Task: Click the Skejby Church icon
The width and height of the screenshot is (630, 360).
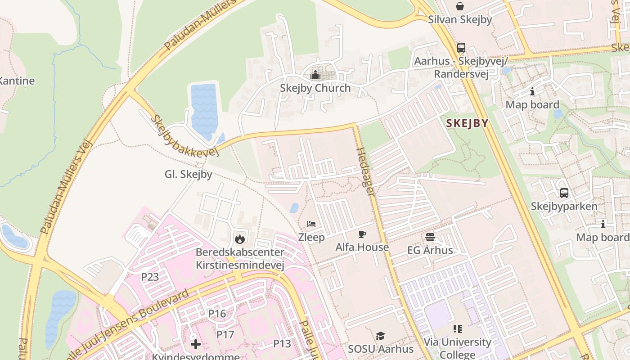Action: click(315, 75)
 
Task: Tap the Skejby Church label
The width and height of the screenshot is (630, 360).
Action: click(315, 88)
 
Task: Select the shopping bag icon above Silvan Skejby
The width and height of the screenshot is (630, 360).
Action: click(460, 6)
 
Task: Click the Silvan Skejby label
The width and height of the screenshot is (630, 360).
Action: click(460, 19)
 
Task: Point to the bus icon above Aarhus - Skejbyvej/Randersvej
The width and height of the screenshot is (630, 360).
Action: click(461, 47)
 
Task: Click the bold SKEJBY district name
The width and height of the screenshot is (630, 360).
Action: click(467, 123)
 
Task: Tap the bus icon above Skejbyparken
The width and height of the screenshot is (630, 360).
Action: click(564, 193)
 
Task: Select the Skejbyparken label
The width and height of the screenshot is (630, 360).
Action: click(564, 206)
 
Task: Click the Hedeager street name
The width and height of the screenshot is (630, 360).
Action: click(365, 171)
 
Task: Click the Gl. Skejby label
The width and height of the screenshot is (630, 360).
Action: click(188, 174)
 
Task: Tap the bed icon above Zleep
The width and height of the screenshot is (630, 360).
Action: click(311, 224)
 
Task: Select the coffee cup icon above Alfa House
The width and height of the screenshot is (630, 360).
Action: click(362, 234)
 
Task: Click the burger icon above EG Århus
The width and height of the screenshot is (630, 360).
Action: click(430, 237)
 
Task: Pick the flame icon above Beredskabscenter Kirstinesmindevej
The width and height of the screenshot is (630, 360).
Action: click(240, 238)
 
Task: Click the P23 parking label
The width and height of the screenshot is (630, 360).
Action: click(150, 277)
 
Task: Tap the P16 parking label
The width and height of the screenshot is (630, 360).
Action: click(217, 313)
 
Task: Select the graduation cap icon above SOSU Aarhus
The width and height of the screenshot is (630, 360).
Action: click(380, 336)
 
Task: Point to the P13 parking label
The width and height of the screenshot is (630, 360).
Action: click(282, 344)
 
